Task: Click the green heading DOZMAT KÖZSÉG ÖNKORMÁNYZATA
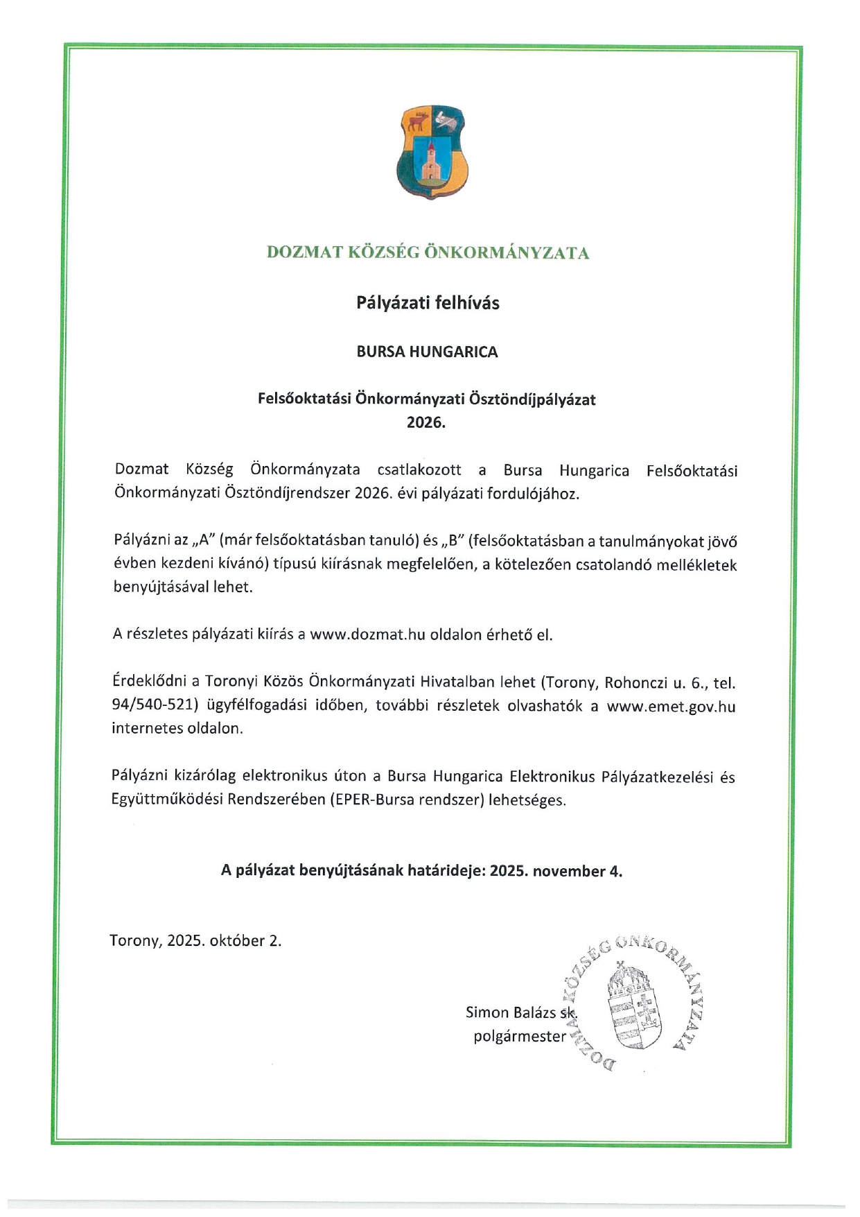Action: (428, 253)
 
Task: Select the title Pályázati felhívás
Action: (428, 303)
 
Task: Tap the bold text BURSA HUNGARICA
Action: (427, 352)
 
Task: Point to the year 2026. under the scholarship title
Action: (425, 422)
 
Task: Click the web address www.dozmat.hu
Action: (367, 635)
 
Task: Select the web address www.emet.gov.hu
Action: (671, 707)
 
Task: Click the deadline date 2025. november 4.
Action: (556, 872)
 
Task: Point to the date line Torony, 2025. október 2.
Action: (195, 941)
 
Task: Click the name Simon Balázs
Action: (511, 1012)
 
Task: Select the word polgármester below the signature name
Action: (520, 1037)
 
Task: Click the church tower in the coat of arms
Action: (432, 161)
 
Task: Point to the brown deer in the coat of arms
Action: (416, 123)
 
